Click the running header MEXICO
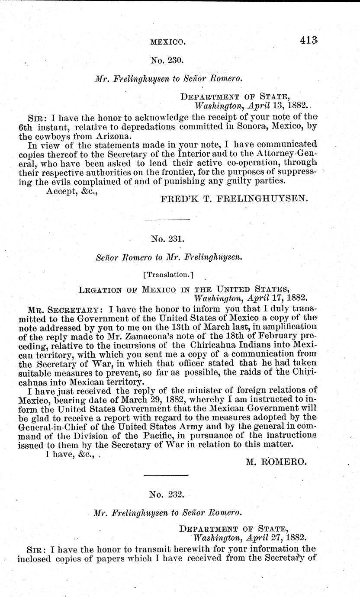tap(168, 42)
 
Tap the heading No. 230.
tap(169, 60)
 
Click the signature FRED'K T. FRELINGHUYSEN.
tap(234, 199)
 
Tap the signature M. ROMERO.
tap(276, 462)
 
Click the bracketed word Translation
tap(168, 274)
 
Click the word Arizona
tap(112, 135)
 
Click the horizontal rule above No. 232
tap(166, 475)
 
